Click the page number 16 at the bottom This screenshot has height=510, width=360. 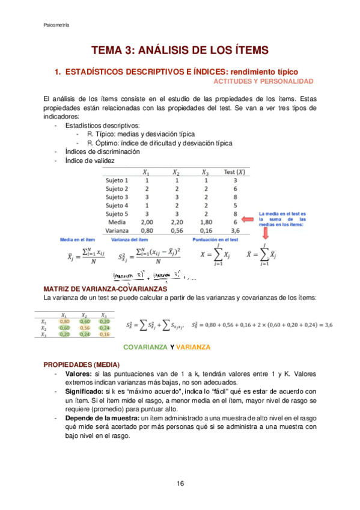click(180, 484)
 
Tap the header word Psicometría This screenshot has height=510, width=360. click(56, 25)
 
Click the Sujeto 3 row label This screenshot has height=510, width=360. click(117, 197)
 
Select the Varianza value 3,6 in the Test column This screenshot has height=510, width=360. click(235, 230)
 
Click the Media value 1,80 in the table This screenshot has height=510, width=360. click(206, 221)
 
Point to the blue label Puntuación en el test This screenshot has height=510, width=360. click(216, 239)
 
